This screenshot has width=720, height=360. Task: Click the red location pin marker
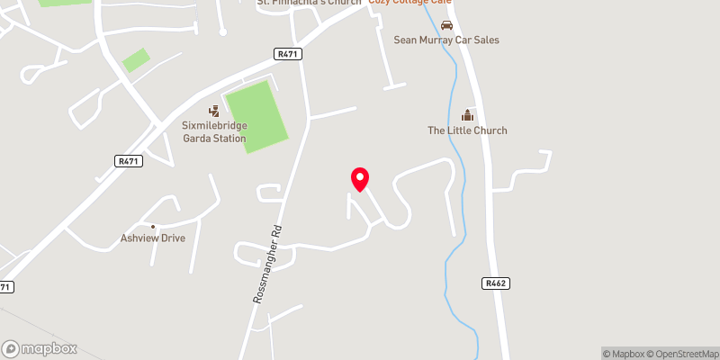359,178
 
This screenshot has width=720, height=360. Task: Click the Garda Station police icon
213,111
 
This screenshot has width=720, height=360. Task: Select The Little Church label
467,130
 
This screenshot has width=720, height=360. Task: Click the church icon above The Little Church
467,114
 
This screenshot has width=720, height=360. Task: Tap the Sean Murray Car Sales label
446,40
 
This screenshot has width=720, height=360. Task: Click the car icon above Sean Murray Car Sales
446,23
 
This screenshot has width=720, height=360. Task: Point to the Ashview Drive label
153,239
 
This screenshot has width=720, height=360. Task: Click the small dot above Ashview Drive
153,226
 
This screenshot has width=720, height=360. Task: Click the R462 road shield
495,283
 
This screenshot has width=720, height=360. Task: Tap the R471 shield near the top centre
288,54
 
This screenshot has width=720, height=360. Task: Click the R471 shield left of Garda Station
129,160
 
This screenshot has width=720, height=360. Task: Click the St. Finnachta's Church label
310,3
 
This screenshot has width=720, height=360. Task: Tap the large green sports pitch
256,115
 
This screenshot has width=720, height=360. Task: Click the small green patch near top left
136,60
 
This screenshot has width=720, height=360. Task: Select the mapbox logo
40,348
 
